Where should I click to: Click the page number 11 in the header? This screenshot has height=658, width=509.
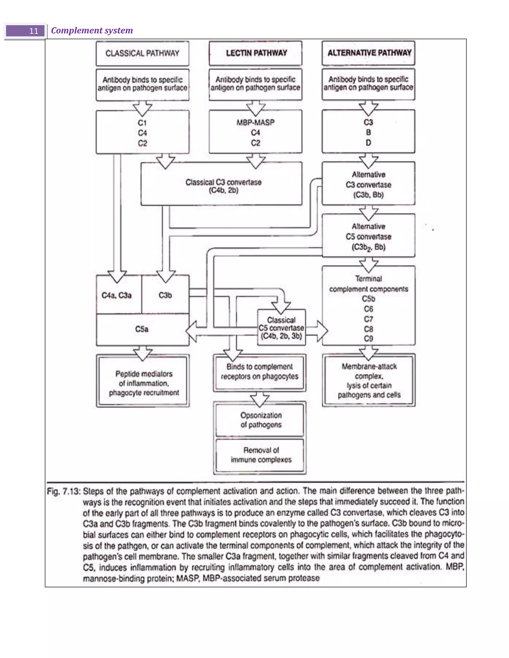34,31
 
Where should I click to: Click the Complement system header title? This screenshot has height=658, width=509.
92,31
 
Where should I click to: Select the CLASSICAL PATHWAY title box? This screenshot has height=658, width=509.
142,53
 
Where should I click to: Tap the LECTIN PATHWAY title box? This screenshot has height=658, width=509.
256,53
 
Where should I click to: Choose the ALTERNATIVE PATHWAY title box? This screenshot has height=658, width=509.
369,53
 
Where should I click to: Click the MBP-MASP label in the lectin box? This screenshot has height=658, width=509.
255,122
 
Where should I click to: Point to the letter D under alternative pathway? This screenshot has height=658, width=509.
368,143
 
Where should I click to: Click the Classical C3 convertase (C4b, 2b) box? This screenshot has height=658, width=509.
223,186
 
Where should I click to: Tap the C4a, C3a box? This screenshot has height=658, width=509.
117,295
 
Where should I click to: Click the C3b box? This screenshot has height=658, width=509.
165,295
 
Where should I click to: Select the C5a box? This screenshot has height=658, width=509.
142,329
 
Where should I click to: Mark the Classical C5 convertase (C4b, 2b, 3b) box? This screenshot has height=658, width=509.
281,328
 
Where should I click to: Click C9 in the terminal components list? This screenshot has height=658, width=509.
368,338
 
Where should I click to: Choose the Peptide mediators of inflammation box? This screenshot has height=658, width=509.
144,383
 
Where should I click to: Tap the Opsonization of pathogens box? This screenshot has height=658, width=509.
260,420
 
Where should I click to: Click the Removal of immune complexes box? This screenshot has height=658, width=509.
260,455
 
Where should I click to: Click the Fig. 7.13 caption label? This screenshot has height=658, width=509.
64,492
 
